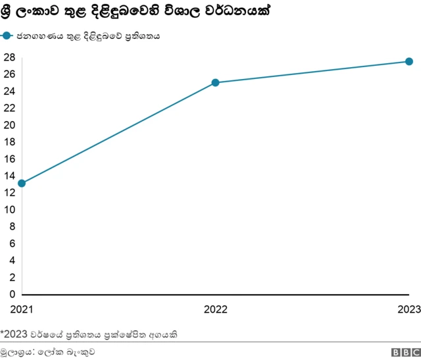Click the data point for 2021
point(22,183)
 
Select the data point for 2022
point(215,83)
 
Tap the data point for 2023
point(409,61)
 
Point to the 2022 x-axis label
point(215,308)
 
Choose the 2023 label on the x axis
point(409,308)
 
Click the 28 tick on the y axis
point(9,57)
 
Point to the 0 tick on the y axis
point(11,294)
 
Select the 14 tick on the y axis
point(9,176)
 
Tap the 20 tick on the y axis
point(9,125)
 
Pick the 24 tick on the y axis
point(9,91)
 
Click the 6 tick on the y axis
point(11,244)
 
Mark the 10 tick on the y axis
point(9,209)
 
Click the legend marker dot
point(7,36)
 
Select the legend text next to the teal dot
point(89,36)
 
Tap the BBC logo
point(405,352)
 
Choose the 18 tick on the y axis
point(9,141)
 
